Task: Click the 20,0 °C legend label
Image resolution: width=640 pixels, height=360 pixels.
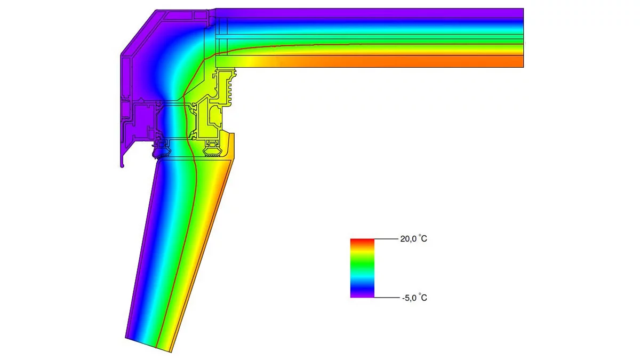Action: pos(413,238)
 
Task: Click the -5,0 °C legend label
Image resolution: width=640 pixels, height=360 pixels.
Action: pos(414,298)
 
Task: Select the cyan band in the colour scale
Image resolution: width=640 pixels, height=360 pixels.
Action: pos(362,278)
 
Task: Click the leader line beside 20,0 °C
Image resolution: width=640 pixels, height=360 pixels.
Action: pos(386,239)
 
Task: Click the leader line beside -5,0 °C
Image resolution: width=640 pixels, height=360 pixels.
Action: pos(387,298)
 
